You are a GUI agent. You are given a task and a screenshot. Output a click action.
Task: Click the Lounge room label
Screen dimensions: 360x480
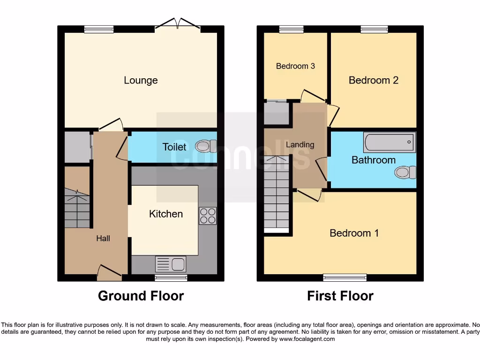tap(141, 81)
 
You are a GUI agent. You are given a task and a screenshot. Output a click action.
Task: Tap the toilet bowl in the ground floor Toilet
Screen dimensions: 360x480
tap(205, 146)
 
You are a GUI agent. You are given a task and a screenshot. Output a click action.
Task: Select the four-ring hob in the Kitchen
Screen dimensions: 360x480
tap(208, 216)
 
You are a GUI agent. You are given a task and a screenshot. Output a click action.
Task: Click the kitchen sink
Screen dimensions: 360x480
tap(171, 264)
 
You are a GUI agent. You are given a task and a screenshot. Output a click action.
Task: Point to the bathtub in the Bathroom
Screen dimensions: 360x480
tap(389, 142)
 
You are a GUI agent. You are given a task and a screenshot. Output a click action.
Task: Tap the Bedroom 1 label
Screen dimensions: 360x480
tap(354, 233)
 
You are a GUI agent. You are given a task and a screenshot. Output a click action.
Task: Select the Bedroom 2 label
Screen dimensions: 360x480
tap(373, 80)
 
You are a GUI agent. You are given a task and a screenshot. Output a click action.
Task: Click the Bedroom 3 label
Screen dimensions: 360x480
tap(295, 66)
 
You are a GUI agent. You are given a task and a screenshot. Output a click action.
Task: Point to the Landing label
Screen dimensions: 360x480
tap(300, 144)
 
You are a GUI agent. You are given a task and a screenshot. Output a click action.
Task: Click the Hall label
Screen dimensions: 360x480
tap(103, 239)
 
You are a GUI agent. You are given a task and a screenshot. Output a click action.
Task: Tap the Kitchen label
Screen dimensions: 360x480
tap(166, 214)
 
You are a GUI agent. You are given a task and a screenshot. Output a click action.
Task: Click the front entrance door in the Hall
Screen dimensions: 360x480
tap(110, 273)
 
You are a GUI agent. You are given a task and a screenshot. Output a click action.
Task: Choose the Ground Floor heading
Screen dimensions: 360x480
tap(141, 296)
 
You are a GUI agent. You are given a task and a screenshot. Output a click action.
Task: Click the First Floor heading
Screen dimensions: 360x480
tap(340, 296)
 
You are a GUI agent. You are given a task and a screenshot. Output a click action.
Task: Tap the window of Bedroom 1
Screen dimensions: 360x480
tap(345, 277)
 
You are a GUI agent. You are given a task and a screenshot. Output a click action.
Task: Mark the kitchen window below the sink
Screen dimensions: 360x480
tap(171, 277)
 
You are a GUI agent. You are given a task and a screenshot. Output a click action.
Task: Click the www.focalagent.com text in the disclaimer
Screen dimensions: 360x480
tap(307, 339)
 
